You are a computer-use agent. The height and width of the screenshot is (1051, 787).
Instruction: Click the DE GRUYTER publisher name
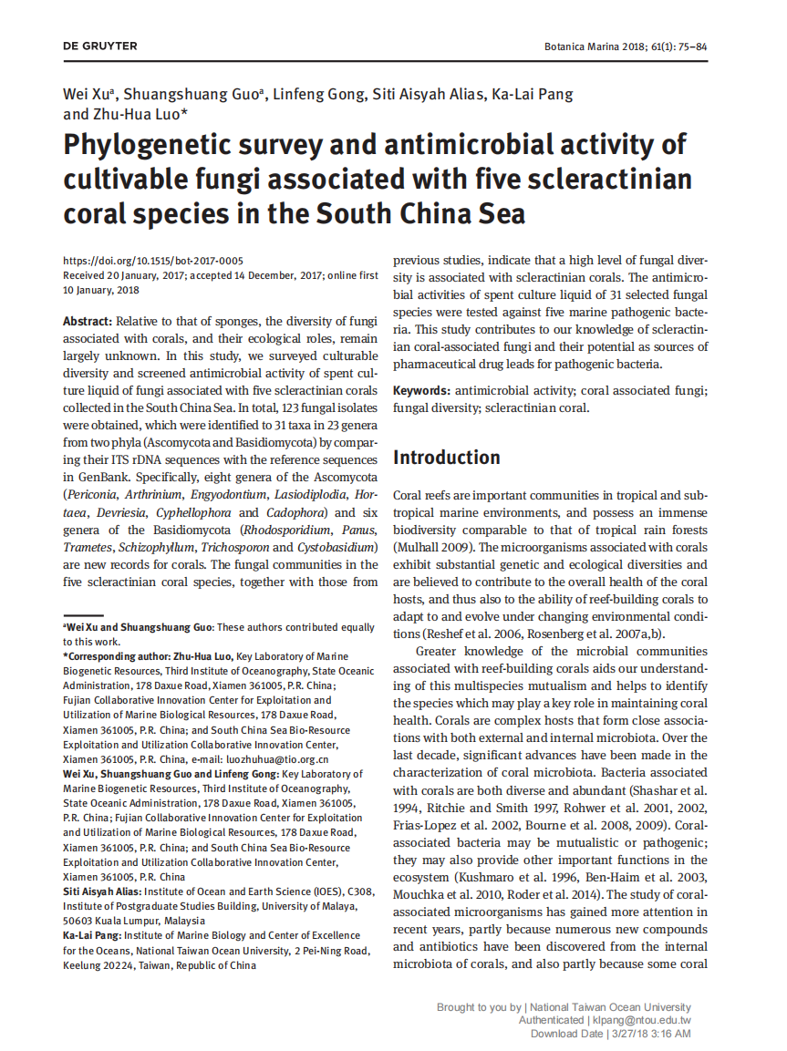pos(100,46)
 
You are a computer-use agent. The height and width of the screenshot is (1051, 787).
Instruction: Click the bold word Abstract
pos(88,321)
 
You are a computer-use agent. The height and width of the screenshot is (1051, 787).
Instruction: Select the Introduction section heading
pos(446,458)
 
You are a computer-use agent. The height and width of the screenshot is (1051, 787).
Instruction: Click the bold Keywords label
pos(421,391)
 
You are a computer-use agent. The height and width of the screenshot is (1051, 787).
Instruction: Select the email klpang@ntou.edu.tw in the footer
pos(641,1020)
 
